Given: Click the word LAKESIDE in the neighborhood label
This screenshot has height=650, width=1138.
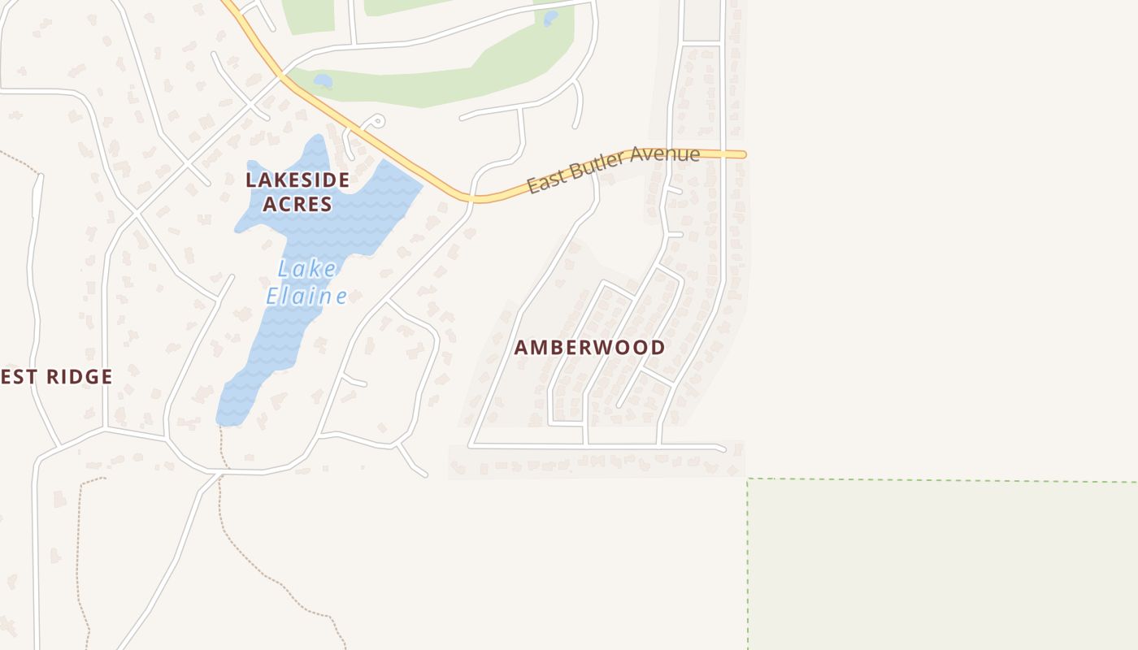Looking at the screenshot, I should click(298, 180).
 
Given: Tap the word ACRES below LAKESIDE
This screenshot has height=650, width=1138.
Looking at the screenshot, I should click(298, 204).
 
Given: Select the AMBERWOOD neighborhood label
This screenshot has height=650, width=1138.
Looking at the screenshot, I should click(589, 348).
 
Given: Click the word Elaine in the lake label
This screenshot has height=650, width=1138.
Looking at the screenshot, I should click(307, 297).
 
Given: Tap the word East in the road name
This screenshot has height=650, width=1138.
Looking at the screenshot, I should click(545, 183).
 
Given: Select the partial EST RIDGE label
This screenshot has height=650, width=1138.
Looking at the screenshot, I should click(55, 376).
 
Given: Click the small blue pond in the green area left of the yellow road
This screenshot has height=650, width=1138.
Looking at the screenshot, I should click(323, 81).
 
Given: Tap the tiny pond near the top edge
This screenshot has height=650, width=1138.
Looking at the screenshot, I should click(550, 17).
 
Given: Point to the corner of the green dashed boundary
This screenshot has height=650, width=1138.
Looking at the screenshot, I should click(748, 479).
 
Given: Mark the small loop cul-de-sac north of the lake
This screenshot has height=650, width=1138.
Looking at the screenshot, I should click(376, 122).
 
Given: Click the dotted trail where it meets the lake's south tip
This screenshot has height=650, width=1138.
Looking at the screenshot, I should click(222, 428).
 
